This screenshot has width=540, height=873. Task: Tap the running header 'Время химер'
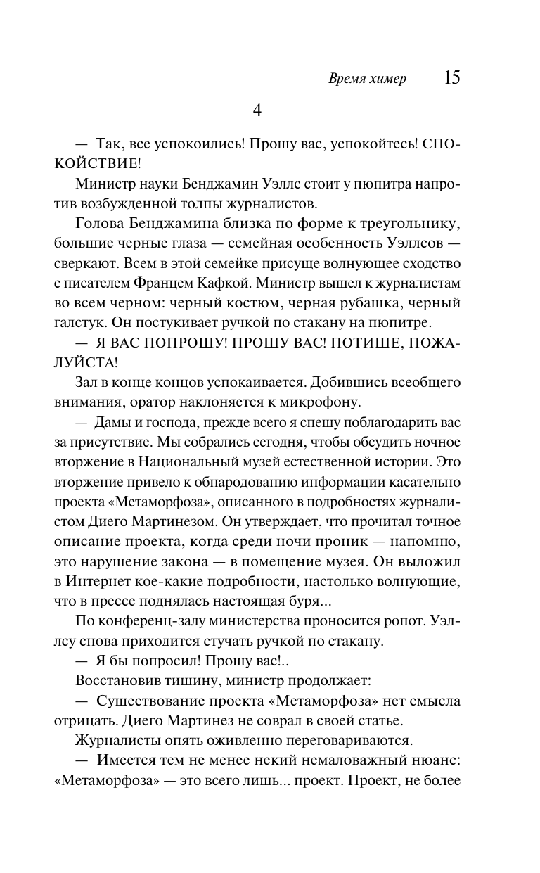tap(367, 79)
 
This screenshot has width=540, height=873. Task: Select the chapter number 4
tap(257, 110)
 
